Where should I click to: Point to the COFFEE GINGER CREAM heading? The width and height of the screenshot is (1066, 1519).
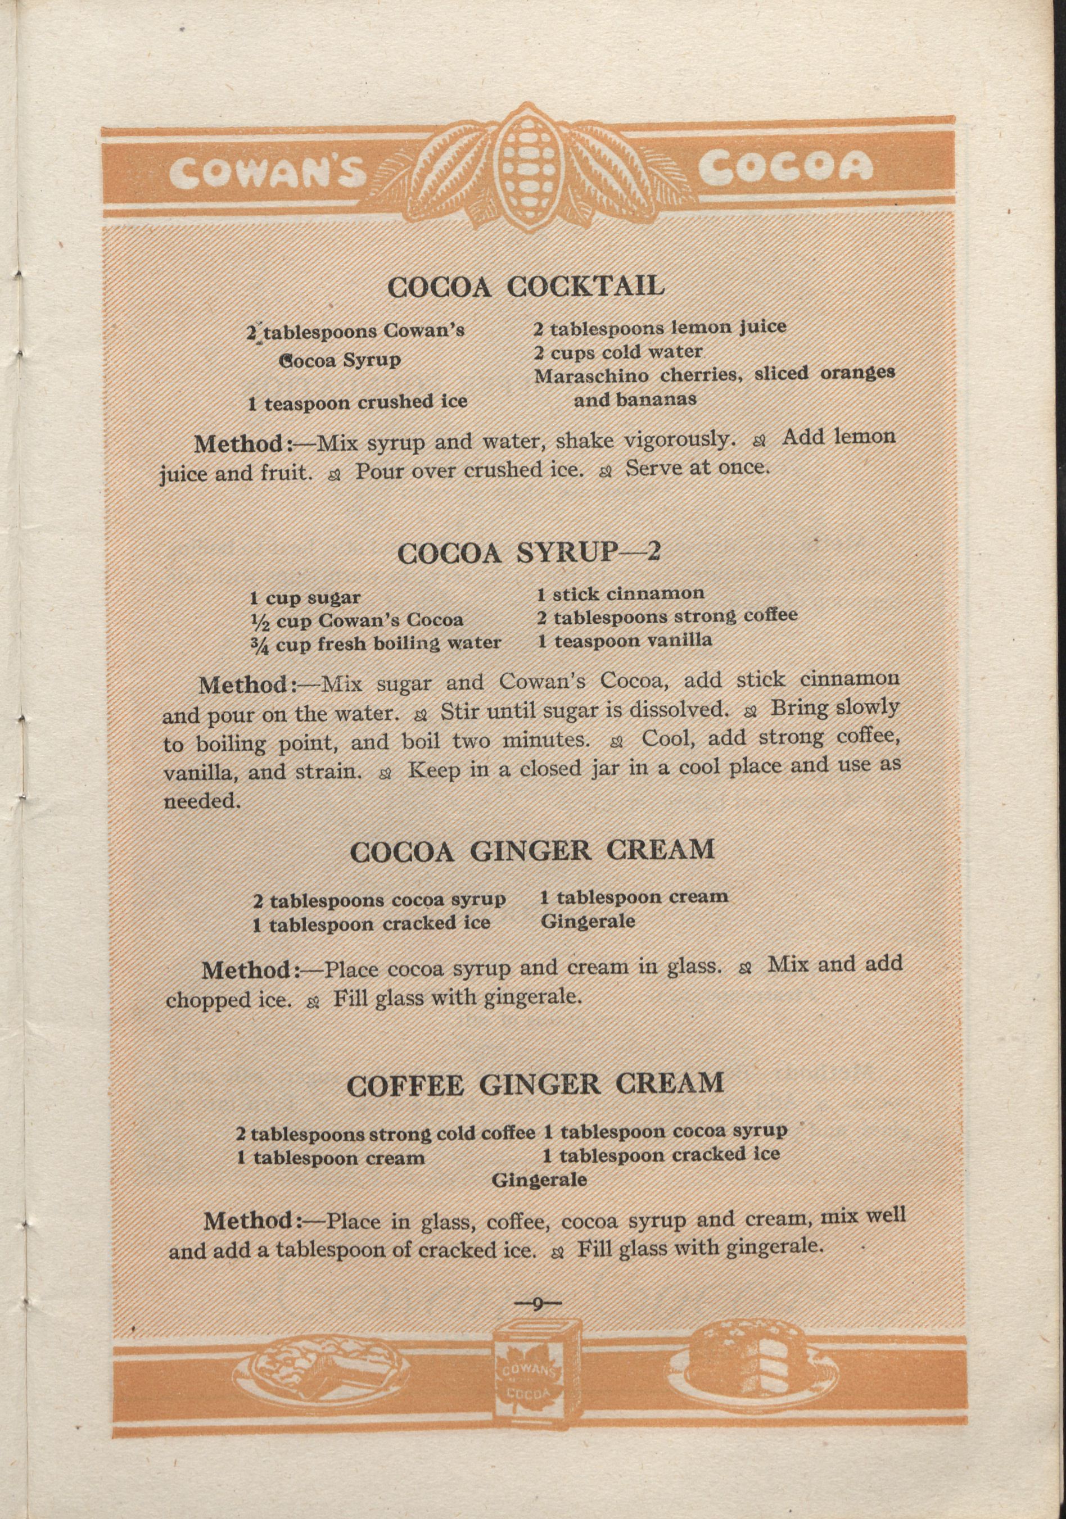click(x=535, y=1083)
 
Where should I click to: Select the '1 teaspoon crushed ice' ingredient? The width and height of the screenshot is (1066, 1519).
click(x=358, y=402)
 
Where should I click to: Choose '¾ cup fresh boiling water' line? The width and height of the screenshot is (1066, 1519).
click(x=375, y=643)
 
